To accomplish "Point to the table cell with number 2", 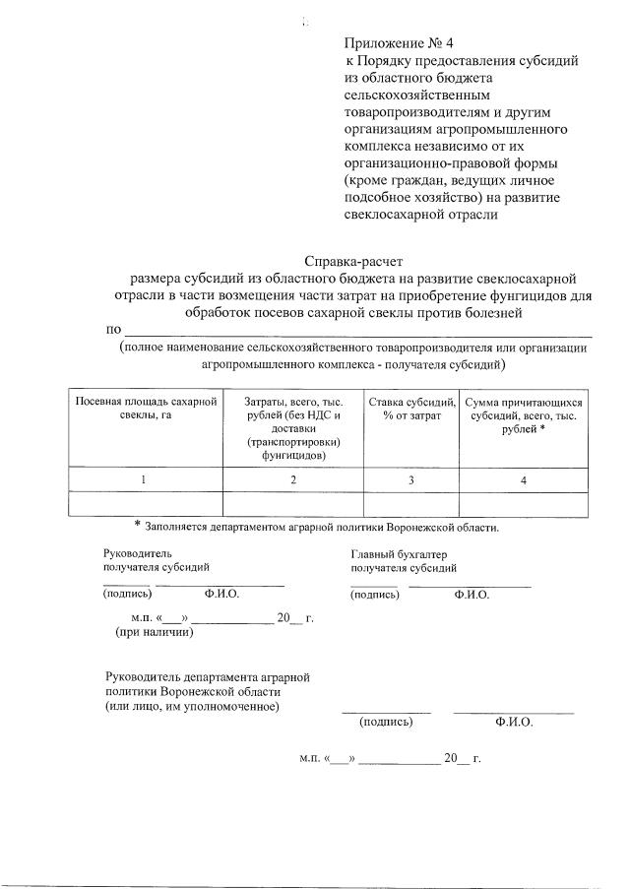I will click(293, 479).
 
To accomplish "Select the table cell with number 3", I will click(412, 479).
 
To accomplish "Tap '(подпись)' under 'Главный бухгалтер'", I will click(374, 595).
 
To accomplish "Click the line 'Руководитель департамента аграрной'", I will click(208, 677).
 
